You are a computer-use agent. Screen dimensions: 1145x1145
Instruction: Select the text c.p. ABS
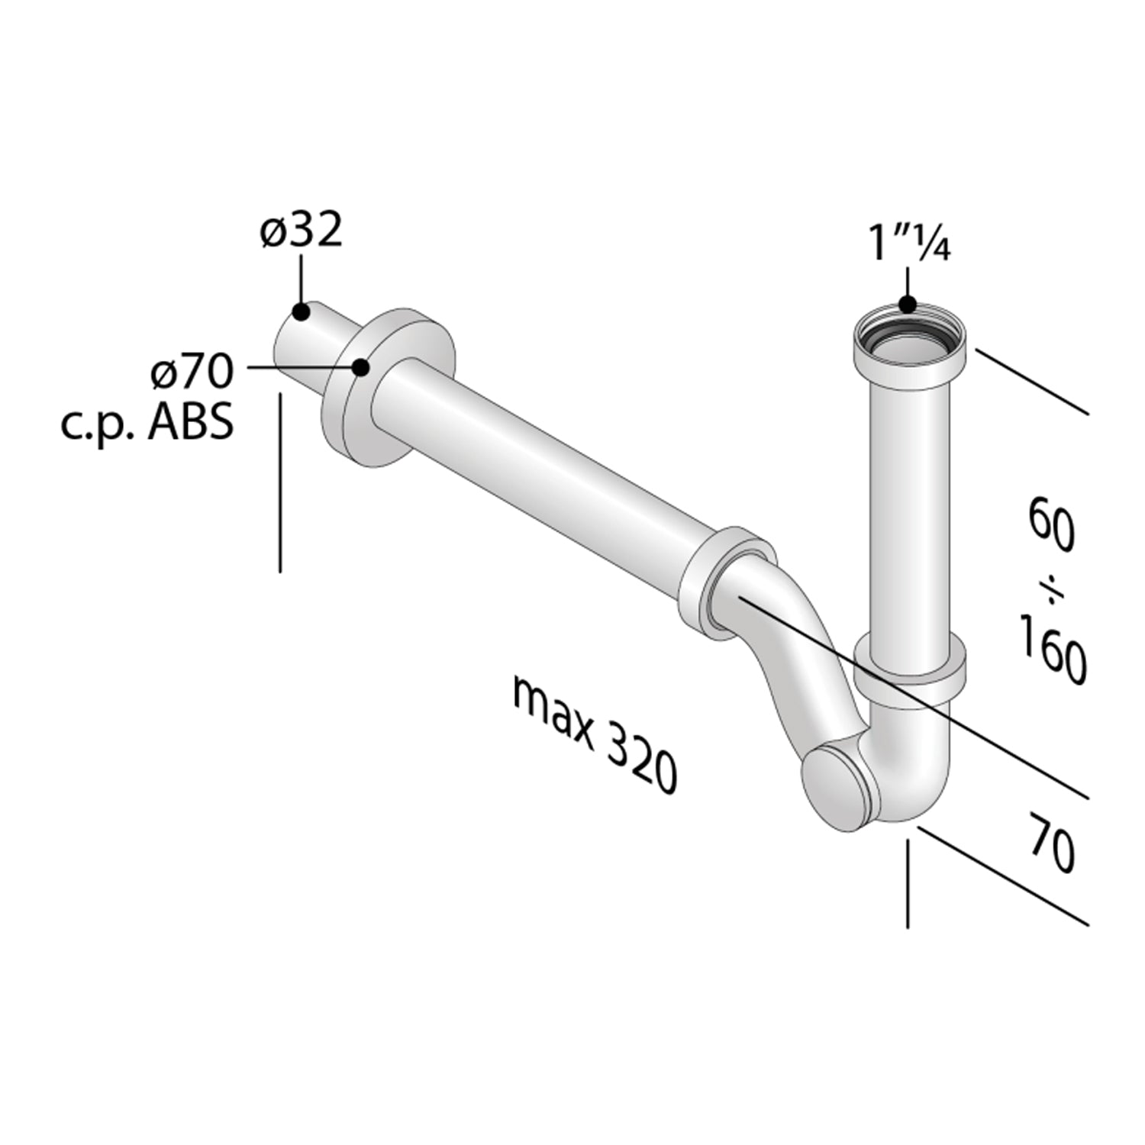point(147,423)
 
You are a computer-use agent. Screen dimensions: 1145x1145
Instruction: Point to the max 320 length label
point(594,736)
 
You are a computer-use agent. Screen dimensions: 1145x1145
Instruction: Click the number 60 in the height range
point(1052,525)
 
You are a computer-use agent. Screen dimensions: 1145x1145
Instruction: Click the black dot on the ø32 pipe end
point(300,311)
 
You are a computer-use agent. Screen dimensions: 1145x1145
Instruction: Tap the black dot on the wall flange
point(361,367)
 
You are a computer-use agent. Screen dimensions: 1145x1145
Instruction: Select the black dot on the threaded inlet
point(907,304)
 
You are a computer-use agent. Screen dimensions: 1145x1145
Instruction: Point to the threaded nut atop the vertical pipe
point(908,351)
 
